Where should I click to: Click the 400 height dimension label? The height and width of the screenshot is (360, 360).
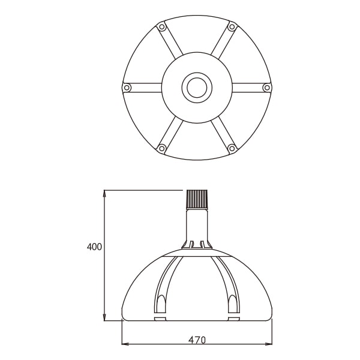pyautogui.click(x=94, y=247)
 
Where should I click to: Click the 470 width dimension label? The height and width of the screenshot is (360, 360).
pyautogui.click(x=197, y=340)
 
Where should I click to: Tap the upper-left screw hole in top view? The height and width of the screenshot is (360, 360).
pyautogui.click(x=162, y=27)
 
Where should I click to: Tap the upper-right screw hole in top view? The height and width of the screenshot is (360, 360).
pyautogui.click(x=232, y=27)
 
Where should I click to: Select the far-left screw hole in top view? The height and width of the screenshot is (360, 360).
pyautogui.click(x=127, y=88)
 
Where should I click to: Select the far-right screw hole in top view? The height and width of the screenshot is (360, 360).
pyautogui.click(x=267, y=88)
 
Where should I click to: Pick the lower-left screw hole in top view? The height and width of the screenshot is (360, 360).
pyautogui.click(x=162, y=148)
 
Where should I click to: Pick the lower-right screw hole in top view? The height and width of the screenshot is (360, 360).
pyautogui.click(x=232, y=148)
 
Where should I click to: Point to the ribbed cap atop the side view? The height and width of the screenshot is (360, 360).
pyautogui.click(x=197, y=199)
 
